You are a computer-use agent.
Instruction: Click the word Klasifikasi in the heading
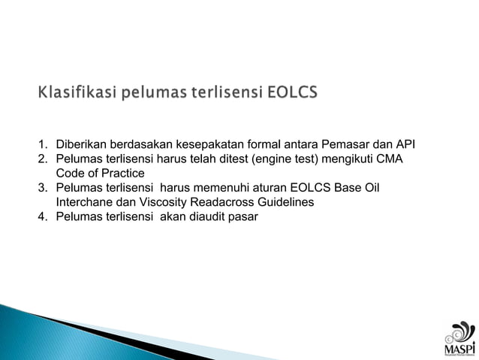click(73, 93)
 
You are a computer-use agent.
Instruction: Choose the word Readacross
click(237, 202)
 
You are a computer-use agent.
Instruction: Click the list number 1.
click(43, 144)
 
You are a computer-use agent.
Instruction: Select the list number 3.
click(43, 188)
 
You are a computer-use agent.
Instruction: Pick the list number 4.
click(43, 217)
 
